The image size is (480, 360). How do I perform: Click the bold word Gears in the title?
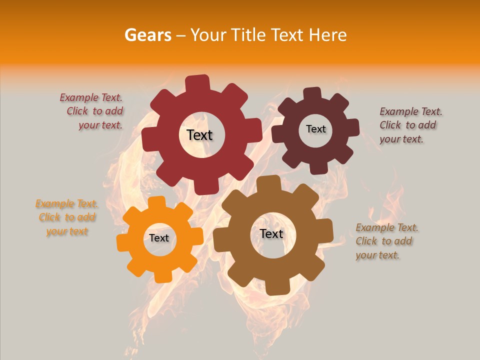click(147, 35)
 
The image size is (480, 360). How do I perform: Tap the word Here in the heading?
click(328, 35)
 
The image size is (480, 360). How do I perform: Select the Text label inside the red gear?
click(199, 135)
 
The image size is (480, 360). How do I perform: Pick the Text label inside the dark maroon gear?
click(315, 129)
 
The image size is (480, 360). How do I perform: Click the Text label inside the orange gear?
click(159, 238)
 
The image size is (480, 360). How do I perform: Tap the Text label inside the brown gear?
click(271, 233)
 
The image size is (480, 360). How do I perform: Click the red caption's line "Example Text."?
click(91, 97)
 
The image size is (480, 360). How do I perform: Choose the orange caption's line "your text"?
click(67, 231)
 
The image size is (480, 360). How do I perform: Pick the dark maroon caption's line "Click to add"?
click(407, 125)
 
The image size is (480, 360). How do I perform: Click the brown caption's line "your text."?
click(377, 255)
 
